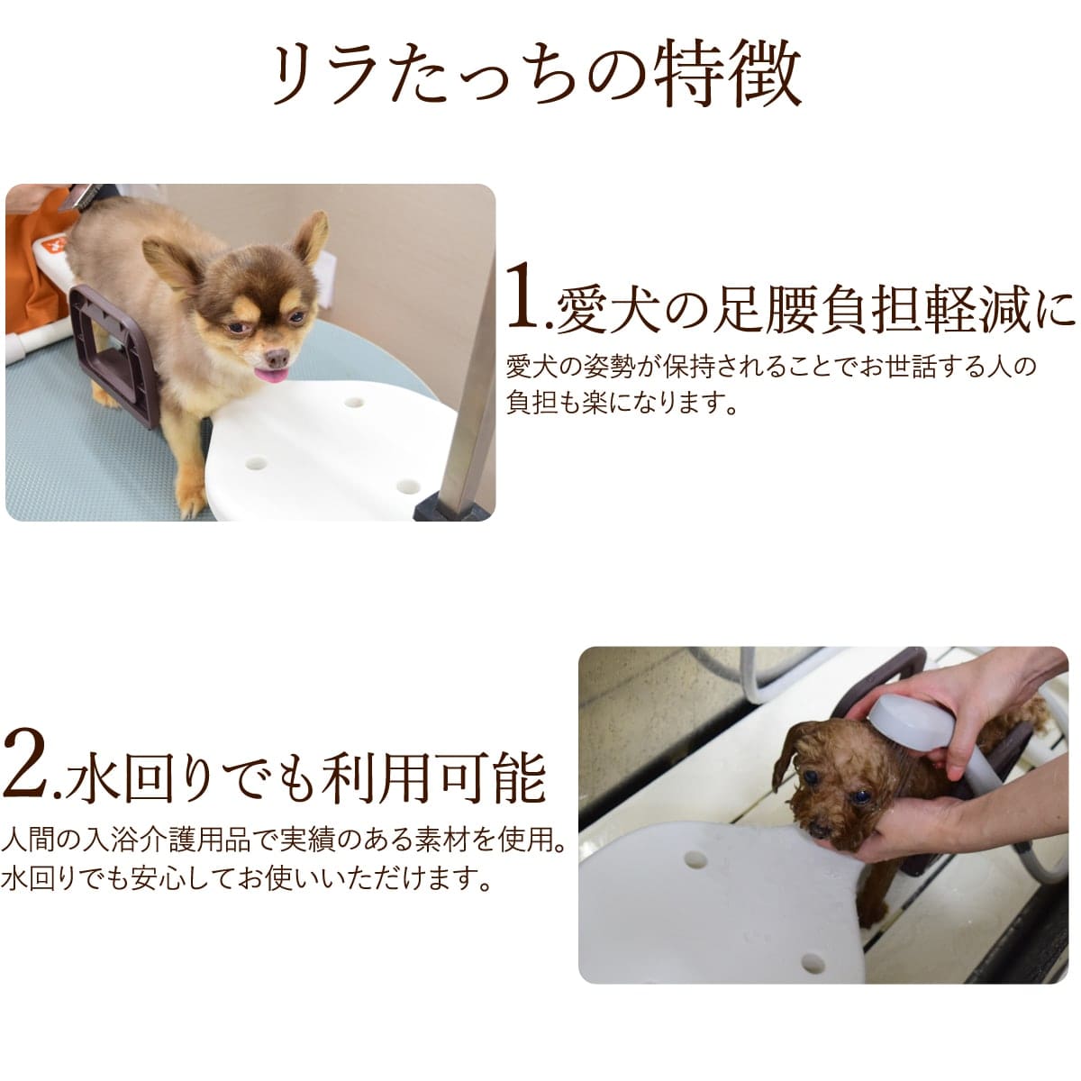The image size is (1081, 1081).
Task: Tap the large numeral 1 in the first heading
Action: point(525,296)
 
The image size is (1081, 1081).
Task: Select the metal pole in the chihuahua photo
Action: point(469,360)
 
